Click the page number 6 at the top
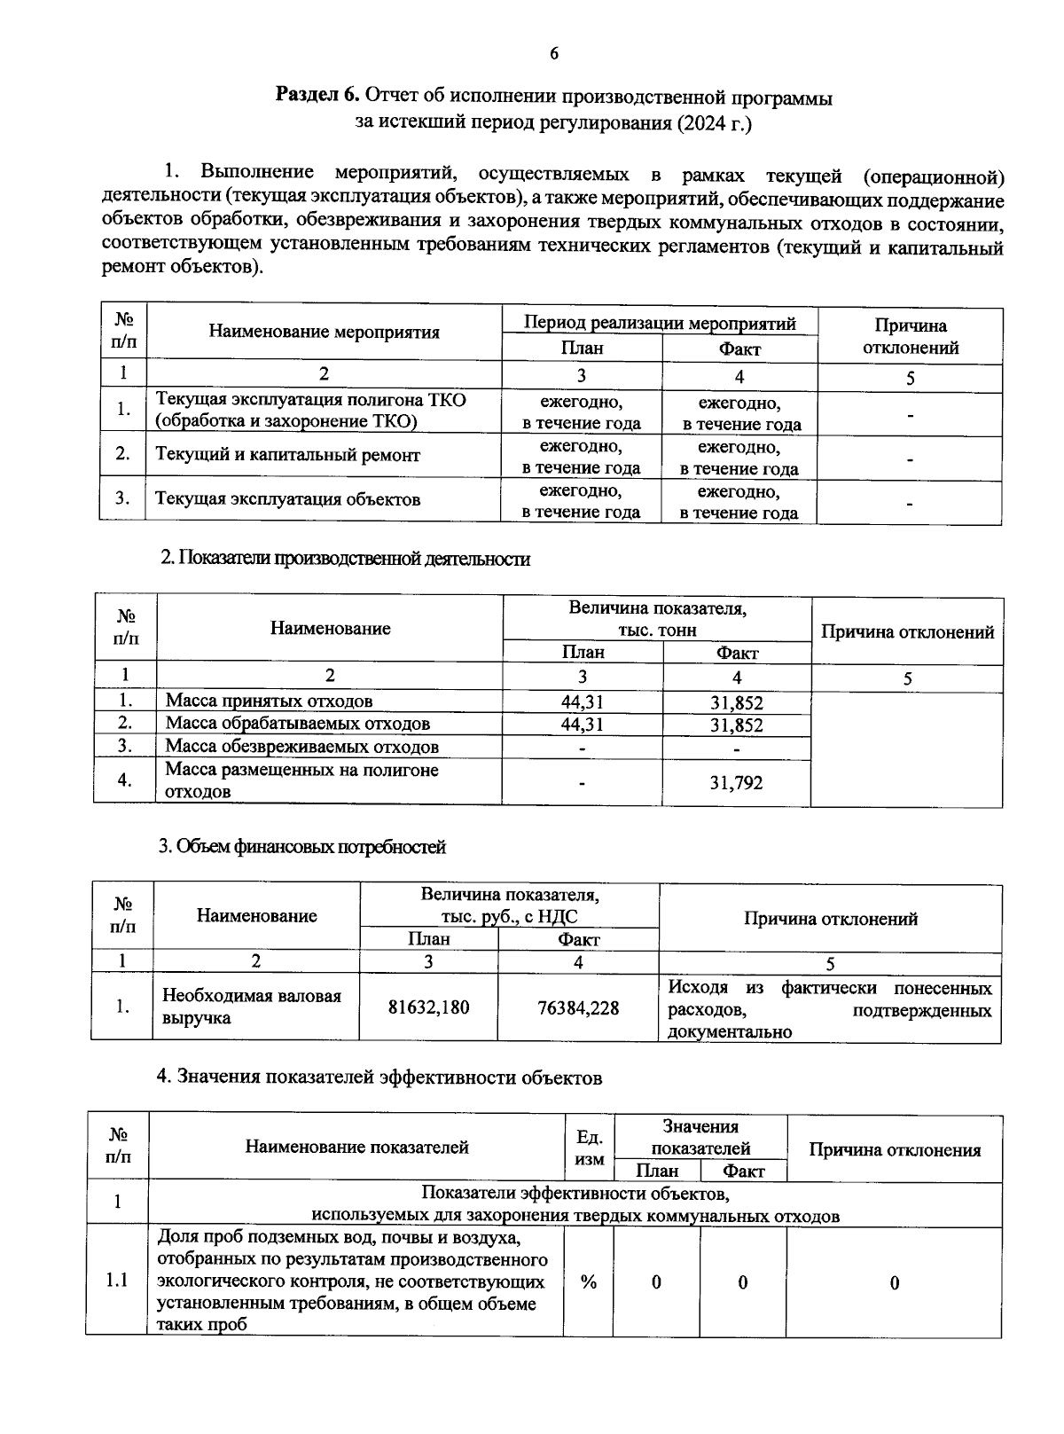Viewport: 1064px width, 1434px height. (x=554, y=54)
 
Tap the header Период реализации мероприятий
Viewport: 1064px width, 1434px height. (x=660, y=323)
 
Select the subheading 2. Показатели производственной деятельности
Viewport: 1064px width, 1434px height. (x=345, y=559)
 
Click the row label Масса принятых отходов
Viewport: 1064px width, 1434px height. (x=269, y=701)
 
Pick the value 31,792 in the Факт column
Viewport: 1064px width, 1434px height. (x=736, y=783)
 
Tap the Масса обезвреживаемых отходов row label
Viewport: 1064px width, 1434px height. (x=301, y=747)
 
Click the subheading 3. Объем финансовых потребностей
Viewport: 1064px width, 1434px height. (x=301, y=847)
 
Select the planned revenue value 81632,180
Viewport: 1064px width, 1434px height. (x=429, y=1007)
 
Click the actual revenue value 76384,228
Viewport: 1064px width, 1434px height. (x=578, y=1007)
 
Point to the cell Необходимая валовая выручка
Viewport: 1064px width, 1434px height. (x=251, y=1007)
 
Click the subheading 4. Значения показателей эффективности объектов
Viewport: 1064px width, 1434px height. (x=379, y=1077)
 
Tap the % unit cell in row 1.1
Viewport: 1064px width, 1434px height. (x=588, y=1282)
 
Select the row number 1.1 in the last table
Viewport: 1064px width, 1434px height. (x=117, y=1281)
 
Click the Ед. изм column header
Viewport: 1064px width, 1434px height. (x=589, y=1148)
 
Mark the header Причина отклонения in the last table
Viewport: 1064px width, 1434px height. (x=894, y=1150)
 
